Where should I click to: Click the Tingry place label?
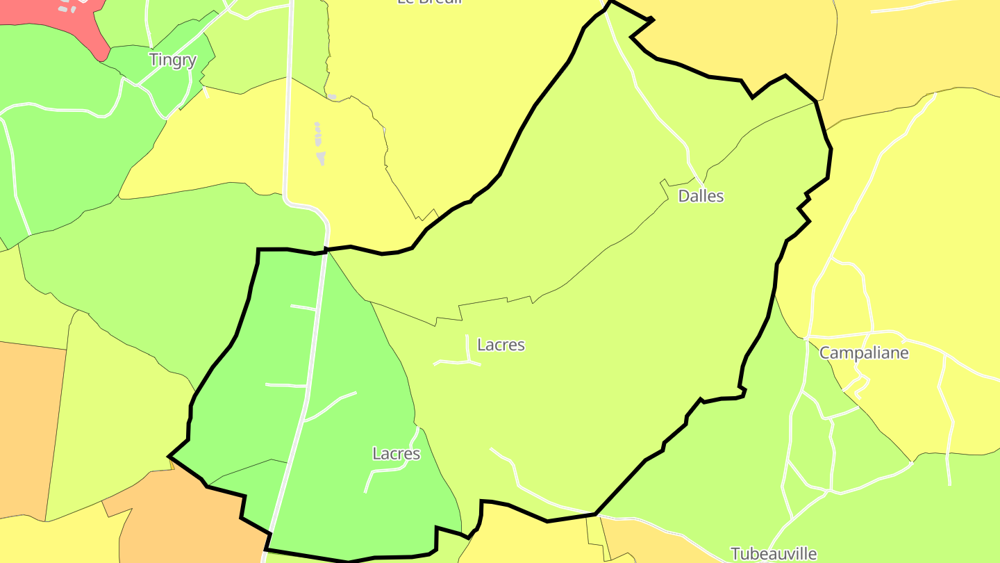(x=173, y=60)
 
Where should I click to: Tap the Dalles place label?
(x=701, y=196)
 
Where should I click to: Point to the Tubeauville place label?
(x=774, y=553)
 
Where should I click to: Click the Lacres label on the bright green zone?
(x=397, y=454)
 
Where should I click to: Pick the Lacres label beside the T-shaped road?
(x=501, y=344)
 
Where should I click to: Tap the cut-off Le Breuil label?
(x=430, y=2)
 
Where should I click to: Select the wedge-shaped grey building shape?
(x=321, y=158)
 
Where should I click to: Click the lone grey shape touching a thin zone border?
(x=332, y=97)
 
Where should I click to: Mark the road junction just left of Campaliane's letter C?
(x=807, y=338)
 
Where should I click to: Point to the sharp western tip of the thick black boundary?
(x=170, y=457)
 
